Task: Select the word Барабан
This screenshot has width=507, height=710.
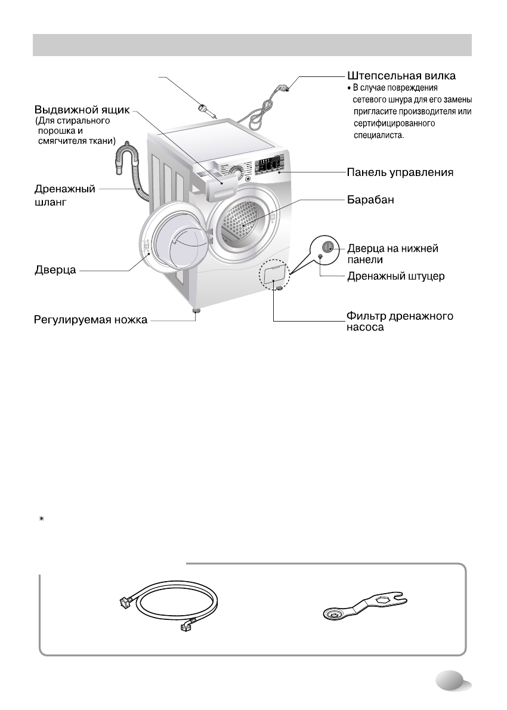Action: (372, 200)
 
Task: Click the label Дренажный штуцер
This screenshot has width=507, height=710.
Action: (396, 277)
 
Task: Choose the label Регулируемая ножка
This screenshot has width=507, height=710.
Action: (89, 322)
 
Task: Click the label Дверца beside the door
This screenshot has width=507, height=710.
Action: (54, 271)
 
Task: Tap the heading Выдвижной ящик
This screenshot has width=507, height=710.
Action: (82, 111)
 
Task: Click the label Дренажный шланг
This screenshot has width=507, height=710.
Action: (64, 195)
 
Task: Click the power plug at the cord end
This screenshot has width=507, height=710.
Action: (286, 89)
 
